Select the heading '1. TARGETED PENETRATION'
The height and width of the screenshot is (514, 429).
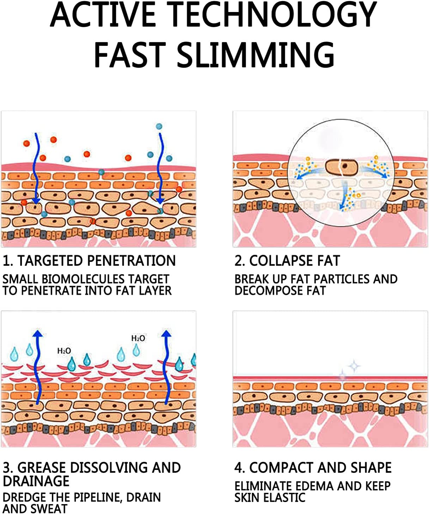pyautogui.click(x=89, y=261)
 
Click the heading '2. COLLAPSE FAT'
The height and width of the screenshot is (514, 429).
pyautogui.click(x=287, y=261)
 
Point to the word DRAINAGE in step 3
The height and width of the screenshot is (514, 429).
pyautogui.click(x=36, y=481)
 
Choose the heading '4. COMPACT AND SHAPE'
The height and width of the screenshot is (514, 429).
pyautogui.click(x=313, y=467)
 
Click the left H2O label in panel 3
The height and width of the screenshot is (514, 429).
pyautogui.click(x=64, y=351)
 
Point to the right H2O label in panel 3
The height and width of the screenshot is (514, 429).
pyautogui.click(x=138, y=338)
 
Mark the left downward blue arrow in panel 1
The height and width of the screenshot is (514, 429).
pyautogui.click(x=36, y=169)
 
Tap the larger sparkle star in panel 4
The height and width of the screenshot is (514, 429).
pyautogui.click(x=354, y=366)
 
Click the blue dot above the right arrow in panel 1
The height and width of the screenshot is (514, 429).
pyautogui.click(x=159, y=126)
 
